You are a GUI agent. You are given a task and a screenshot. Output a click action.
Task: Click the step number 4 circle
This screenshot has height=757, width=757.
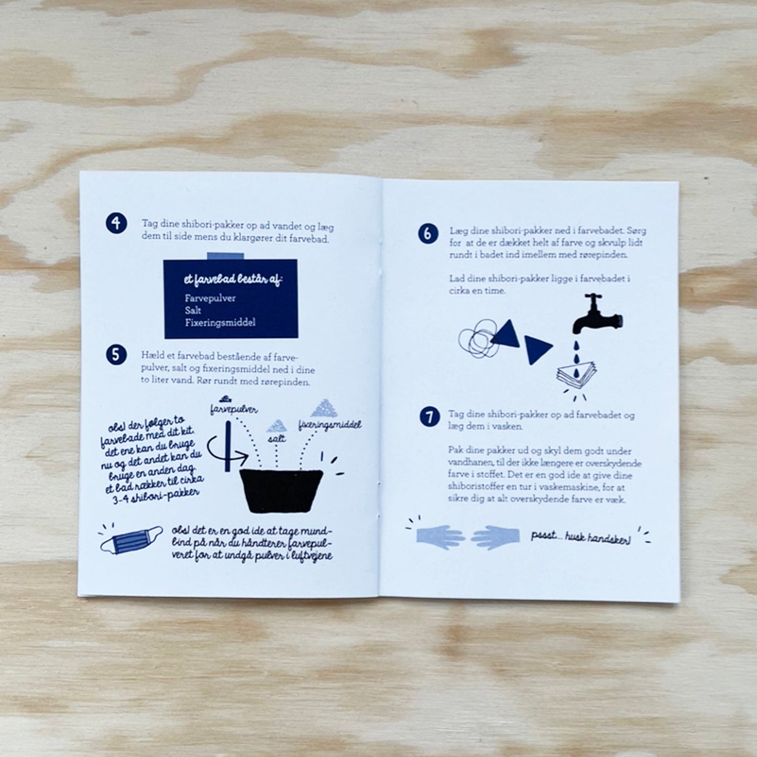click(x=116, y=223)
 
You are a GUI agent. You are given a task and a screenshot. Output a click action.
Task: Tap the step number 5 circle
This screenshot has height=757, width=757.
click(x=116, y=355)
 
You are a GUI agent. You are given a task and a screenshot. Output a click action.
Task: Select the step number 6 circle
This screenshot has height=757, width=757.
click(x=428, y=233)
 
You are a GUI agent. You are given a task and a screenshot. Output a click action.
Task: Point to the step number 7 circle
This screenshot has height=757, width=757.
click(x=430, y=417)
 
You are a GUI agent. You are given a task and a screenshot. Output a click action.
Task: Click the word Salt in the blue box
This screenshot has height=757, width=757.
click(x=193, y=310)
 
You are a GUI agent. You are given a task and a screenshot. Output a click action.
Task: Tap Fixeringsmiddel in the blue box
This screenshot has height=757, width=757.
click(x=220, y=323)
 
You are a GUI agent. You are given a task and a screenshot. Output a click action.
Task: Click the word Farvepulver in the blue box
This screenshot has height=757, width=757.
click(x=210, y=298)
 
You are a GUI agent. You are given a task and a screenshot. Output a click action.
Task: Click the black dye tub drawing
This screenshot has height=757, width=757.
click(x=281, y=491)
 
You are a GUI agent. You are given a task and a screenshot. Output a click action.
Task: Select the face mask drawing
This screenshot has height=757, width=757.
click(x=131, y=540)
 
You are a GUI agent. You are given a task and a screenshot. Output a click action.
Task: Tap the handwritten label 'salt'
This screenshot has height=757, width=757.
click(x=277, y=438)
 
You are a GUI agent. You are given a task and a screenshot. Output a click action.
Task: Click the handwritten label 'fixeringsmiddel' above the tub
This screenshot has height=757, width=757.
click(x=330, y=425)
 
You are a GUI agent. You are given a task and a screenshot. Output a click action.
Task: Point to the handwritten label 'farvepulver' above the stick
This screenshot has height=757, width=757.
click(x=234, y=410)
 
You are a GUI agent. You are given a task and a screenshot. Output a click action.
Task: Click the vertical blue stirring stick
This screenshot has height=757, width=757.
click(x=228, y=446)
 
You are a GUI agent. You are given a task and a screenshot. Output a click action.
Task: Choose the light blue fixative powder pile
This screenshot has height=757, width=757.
click(x=324, y=408)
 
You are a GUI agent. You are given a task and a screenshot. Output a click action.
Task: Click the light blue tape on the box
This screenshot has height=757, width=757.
click(x=225, y=256)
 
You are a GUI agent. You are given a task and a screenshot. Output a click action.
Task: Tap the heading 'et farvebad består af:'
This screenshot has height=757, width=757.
click(x=233, y=280)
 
